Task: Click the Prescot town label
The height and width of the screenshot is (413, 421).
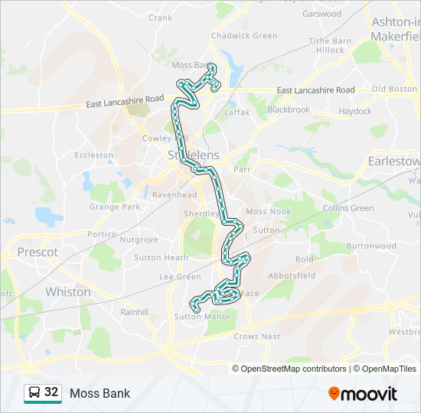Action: tap(38, 252)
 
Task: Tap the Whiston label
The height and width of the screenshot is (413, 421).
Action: tap(68, 292)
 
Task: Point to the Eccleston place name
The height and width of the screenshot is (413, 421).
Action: tap(94, 154)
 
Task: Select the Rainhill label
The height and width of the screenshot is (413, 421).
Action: tap(133, 311)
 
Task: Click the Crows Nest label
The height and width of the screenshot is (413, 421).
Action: tap(257, 336)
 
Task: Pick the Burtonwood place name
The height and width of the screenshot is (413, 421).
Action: tap(371, 246)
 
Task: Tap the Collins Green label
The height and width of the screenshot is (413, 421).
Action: tap(348, 208)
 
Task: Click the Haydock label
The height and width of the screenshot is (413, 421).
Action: tap(355, 111)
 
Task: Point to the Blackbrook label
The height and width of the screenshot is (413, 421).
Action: tap(289, 109)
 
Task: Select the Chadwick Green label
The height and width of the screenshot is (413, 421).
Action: tap(244, 35)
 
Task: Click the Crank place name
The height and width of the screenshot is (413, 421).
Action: tap(161, 18)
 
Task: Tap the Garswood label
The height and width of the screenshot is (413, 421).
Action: tap(321, 14)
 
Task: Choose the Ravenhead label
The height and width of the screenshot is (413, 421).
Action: tap(169, 195)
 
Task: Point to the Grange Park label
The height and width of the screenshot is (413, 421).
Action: tap(115, 206)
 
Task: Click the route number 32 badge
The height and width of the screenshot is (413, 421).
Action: tap(51, 392)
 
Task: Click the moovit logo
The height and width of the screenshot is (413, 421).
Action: tap(363, 393)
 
